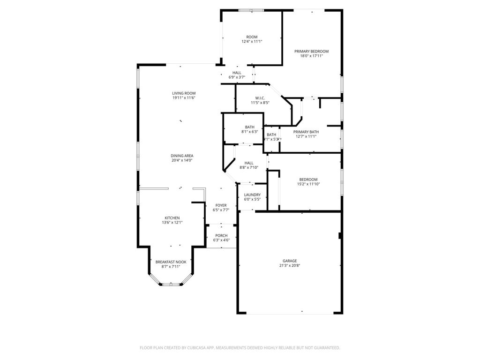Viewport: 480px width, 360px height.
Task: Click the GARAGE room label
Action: tap(289, 261)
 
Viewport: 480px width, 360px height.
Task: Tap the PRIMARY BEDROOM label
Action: tap(311, 51)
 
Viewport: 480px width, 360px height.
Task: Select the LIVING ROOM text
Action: tap(183, 93)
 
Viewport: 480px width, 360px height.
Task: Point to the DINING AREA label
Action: tap(182, 156)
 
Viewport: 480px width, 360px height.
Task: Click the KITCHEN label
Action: tap(172, 218)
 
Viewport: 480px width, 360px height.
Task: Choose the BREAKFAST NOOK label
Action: tap(171, 262)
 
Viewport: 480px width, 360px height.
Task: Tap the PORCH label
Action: tap(221, 235)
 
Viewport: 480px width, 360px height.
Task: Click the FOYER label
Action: tap(221, 205)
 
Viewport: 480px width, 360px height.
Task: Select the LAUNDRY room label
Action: tap(252, 195)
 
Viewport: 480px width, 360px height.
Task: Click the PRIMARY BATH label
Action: tap(306, 132)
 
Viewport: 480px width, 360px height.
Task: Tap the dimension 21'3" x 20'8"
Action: tap(289, 265)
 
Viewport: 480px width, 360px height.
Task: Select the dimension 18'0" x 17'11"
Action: tap(311, 56)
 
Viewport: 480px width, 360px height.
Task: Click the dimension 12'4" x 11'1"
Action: tap(252, 42)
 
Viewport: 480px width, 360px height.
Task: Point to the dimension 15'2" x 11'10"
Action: tap(308, 184)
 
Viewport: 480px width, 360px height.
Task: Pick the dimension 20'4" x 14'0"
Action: tap(182, 160)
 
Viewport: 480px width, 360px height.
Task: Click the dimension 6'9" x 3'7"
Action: tap(237, 77)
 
